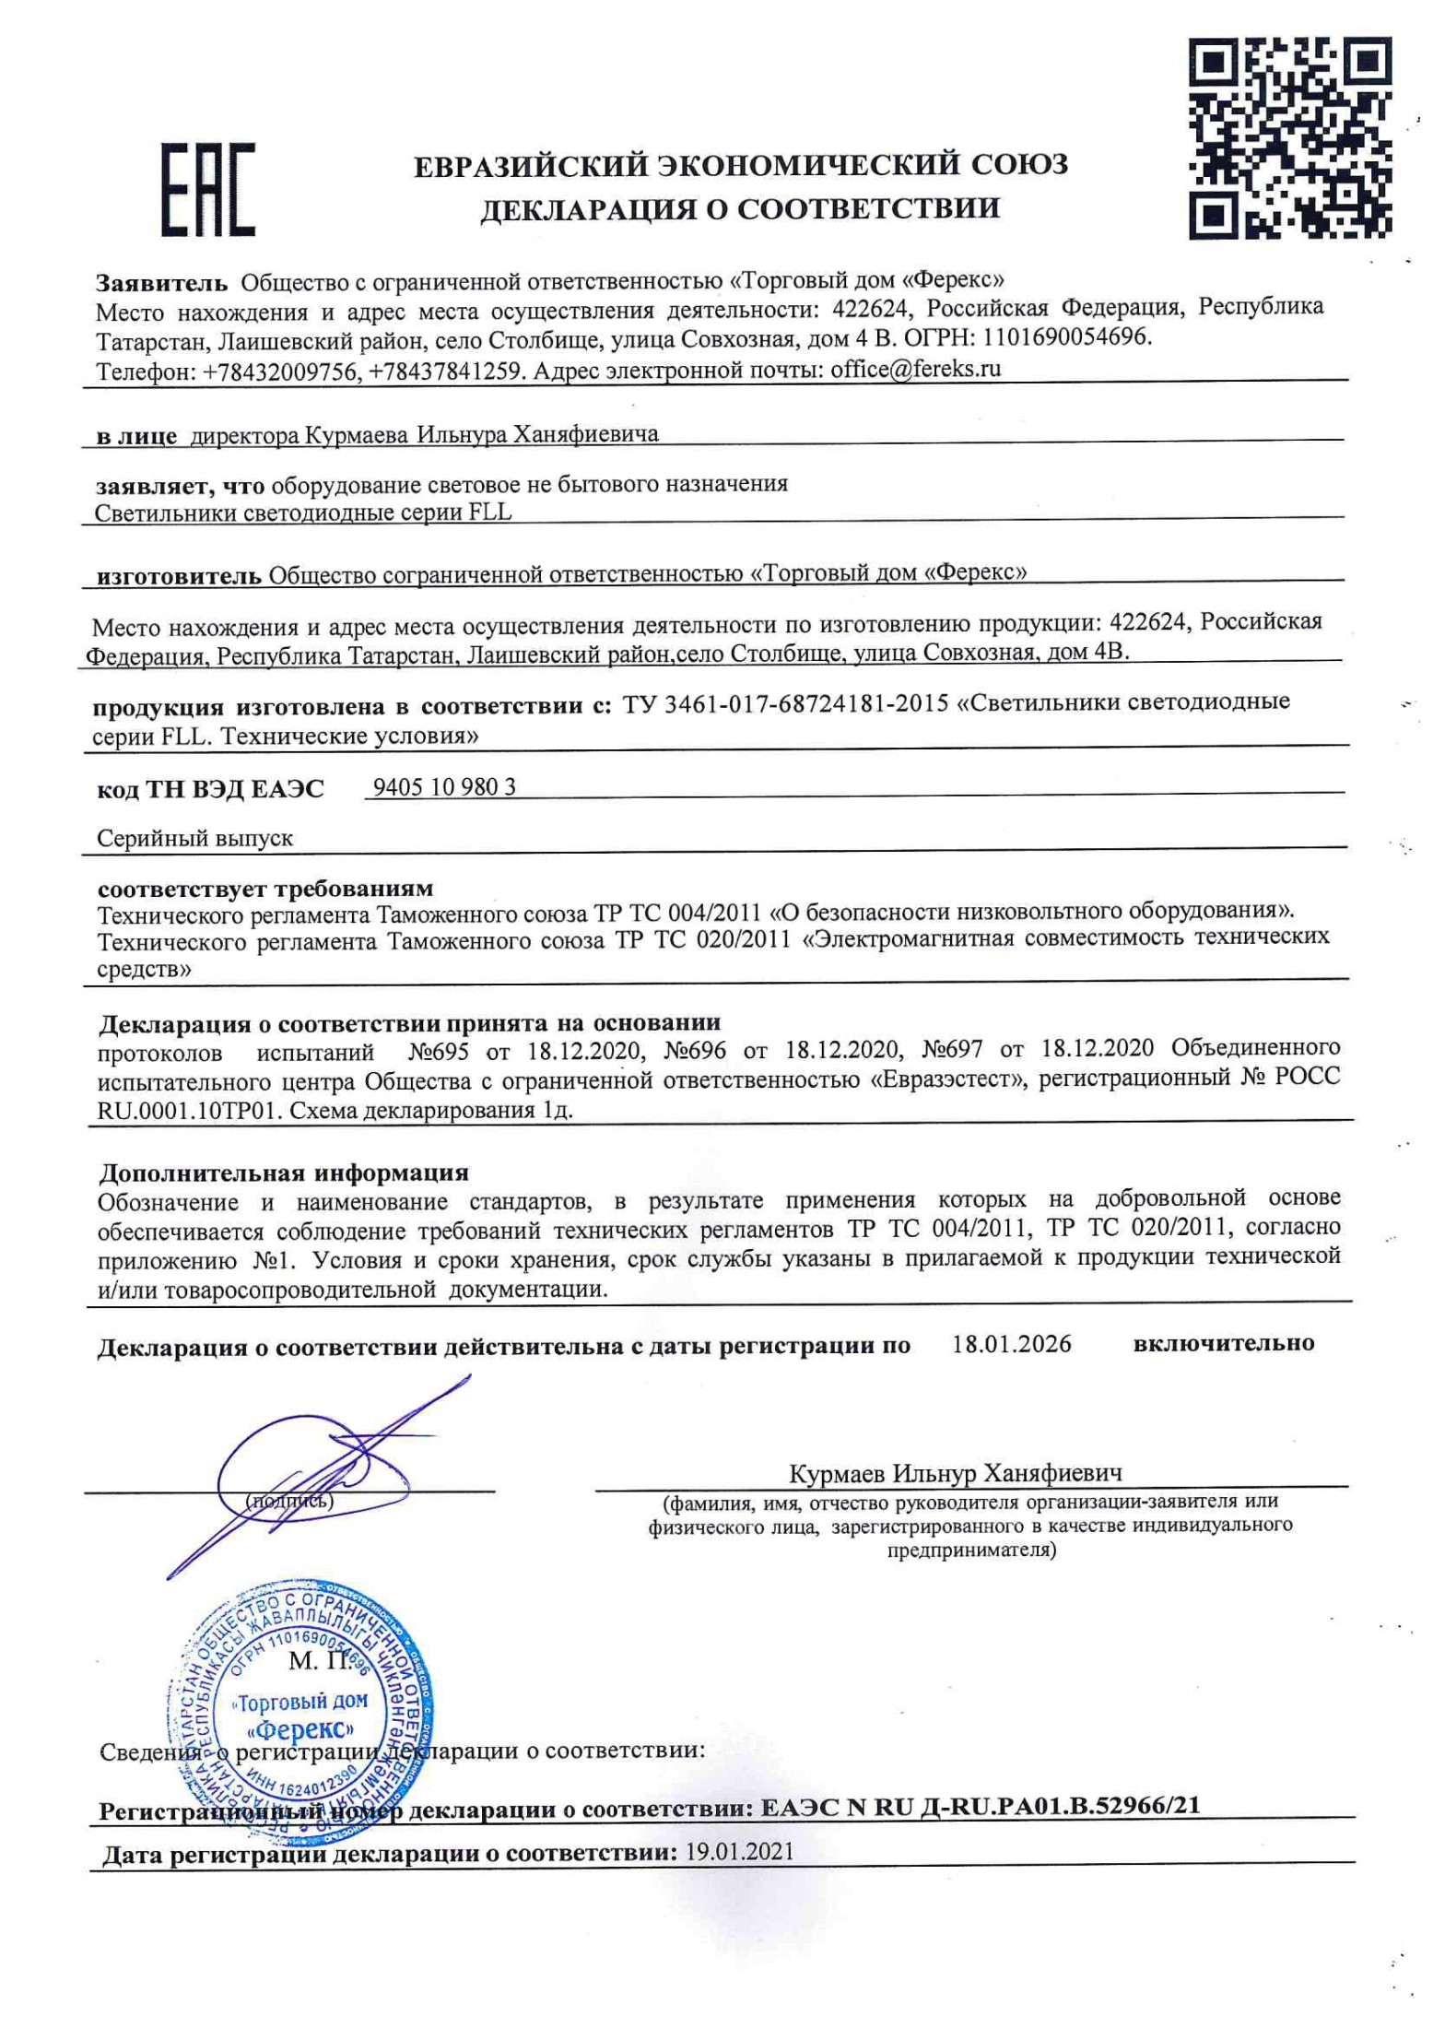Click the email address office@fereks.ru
point(915,370)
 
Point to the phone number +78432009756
point(278,371)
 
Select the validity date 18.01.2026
point(1012,1343)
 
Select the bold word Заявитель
point(161,280)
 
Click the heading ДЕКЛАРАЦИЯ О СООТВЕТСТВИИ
point(740,209)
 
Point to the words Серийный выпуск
point(195,839)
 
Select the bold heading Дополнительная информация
point(284,1173)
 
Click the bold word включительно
point(1223,1343)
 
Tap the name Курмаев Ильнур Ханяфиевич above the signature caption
point(956,1473)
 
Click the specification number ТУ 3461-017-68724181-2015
point(786,703)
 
